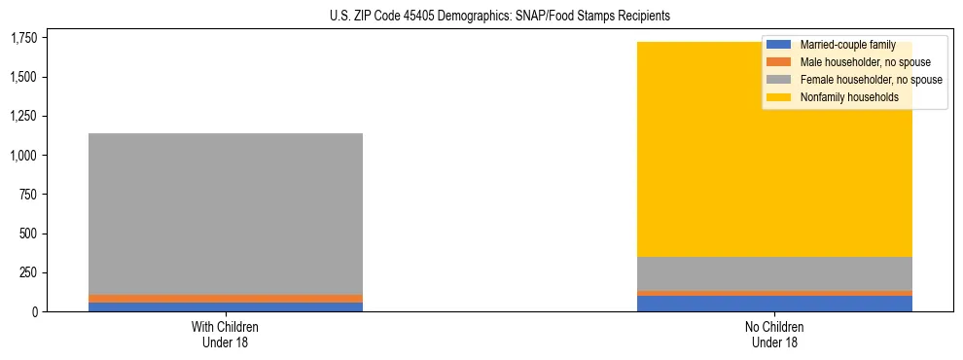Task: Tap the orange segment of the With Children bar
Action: pyautogui.click(x=226, y=299)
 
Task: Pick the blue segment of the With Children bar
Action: pyautogui.click(x=226, y=306)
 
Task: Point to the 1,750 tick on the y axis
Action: pyautogui.click(x=23, y=38)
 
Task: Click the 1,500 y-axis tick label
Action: pyautogui.click(x=23, y=77)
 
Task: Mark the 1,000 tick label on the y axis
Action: pyautogui.click(x=23, y=156)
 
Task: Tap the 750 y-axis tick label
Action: pyautogui.click(x=29, y=195)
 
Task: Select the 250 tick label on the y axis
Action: pyautogui.click(x=29, y=272)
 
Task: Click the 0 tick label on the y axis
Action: pyautogui.click(x=35, y=311)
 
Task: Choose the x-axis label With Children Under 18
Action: pyautogui.click(x=226, y=334)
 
